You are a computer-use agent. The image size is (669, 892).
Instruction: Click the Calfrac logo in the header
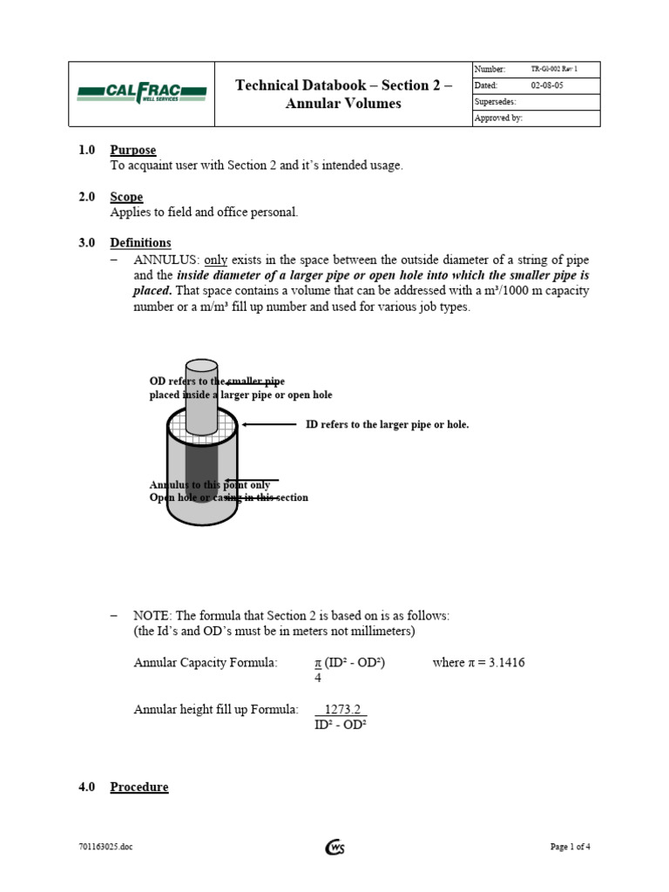click(141, 94)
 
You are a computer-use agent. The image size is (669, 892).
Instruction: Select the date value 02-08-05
click(547, 85)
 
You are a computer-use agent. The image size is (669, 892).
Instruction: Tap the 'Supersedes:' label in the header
click(495, 102)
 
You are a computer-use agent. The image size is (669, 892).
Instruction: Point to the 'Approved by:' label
click(498, 118)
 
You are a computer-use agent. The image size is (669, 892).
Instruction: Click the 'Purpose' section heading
click(132, 151)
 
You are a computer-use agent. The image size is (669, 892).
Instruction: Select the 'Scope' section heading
click(126, 197)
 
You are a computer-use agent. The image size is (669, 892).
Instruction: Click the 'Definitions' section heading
click(140, 243)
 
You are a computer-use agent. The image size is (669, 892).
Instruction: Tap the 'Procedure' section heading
click(139, 787)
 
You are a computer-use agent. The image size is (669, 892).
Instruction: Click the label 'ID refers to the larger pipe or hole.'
click(387, 424)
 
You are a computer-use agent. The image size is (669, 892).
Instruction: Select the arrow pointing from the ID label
click(269, 424)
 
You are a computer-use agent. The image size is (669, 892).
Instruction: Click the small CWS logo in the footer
click(334, 847)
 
